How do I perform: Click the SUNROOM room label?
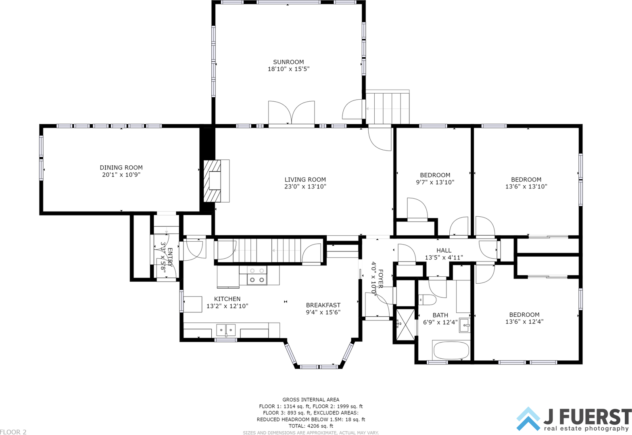pyautogui.click(x=288, y=62)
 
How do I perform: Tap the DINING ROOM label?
pyautogui.click(x=121, y=168)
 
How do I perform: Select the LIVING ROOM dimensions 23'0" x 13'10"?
pyautogui.click(x=305, y=186)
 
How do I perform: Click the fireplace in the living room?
pyautogui.click(x=216, y=181)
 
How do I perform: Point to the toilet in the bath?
pyautogui.click(x=427, y=299)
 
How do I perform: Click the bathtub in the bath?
pyautogui.click(x=451, y=350)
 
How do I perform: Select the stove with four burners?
pyautogui.click(x=257, y=275)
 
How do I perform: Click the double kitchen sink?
pyautogui.click(x=226, y=330)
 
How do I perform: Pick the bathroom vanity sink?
pyautogui.click(x=465, y=326)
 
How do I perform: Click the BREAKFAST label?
pyautogui.click(x=323, y=305)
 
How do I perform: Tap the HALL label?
pyautogui.click(x=444, y=250)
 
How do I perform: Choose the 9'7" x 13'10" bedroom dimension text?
pyautogui.click(x=435, y=182)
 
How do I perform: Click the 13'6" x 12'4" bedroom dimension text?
pyautogui.click(x=524, y=322)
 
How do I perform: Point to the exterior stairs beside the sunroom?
pyautogui.click(x=387, y=107)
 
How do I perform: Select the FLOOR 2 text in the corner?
pyautogui.click(x=13, y=432)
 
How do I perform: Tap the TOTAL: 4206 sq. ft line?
pyautogui.click(x=311, y=426)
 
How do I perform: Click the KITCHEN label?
pyautogui.click(x=227, y=299)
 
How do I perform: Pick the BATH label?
pyautogui.click(x=440, y=315)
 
